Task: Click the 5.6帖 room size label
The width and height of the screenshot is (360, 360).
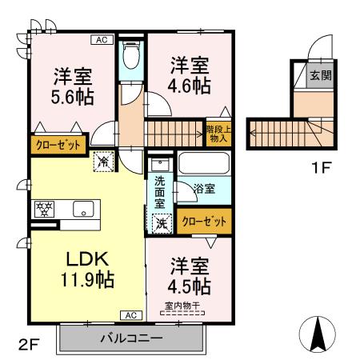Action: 73,98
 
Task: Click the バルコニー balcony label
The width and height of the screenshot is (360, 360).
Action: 131,338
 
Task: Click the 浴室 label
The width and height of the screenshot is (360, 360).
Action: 204,190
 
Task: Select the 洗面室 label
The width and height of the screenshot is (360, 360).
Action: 160,192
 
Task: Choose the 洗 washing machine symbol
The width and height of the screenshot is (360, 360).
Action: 162,222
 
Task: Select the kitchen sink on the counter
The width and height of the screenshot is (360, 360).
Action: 82,210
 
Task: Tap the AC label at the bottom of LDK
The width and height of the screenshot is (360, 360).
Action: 130,314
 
